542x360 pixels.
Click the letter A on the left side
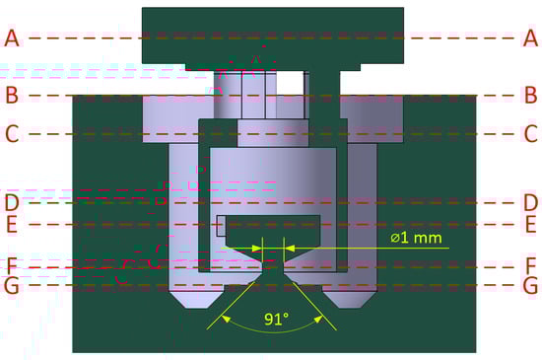point(12,38)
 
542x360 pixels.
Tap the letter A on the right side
point(530,38)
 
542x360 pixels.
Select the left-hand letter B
point(12,95)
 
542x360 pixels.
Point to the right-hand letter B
point(531,95)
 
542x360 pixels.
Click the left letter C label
point(12,134)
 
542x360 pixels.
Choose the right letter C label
point(531,134)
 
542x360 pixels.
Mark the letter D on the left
point(12,202)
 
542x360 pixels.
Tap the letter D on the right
point(531,202)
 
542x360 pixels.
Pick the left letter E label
point(12,225)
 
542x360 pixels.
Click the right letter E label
point(531,225)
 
